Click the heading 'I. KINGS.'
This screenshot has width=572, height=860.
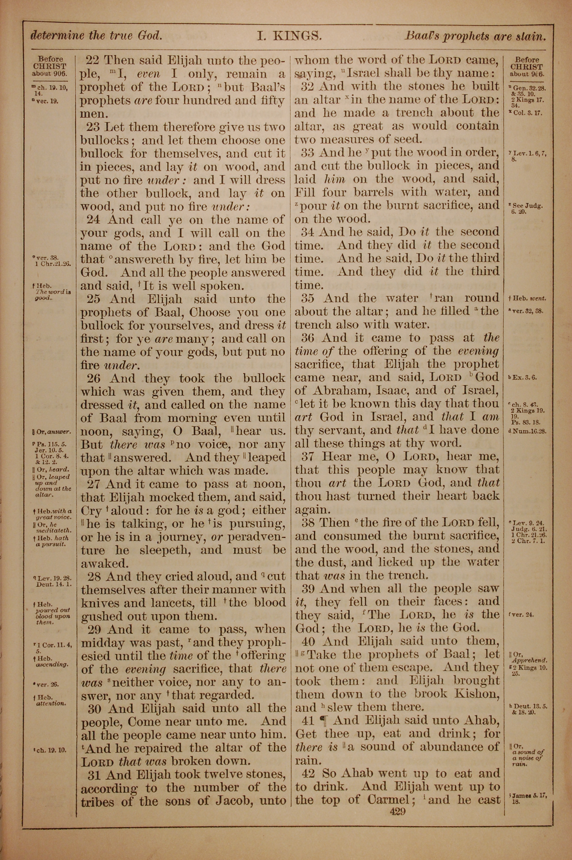pyautogui.click(x=289, y=36)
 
